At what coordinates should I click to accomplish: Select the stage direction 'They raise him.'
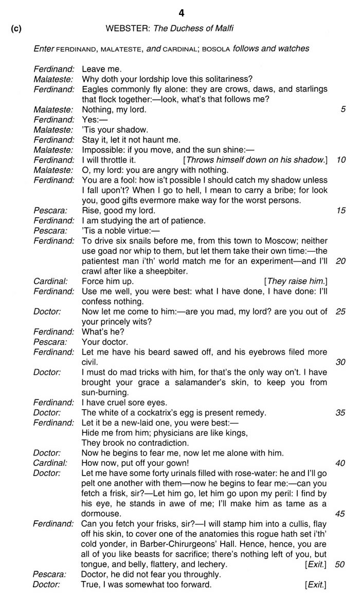(296, 281)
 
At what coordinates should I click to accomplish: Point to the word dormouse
(101, 514)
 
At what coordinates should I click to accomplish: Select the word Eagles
(94, 89)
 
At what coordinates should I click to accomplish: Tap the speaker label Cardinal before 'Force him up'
(50, 281)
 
